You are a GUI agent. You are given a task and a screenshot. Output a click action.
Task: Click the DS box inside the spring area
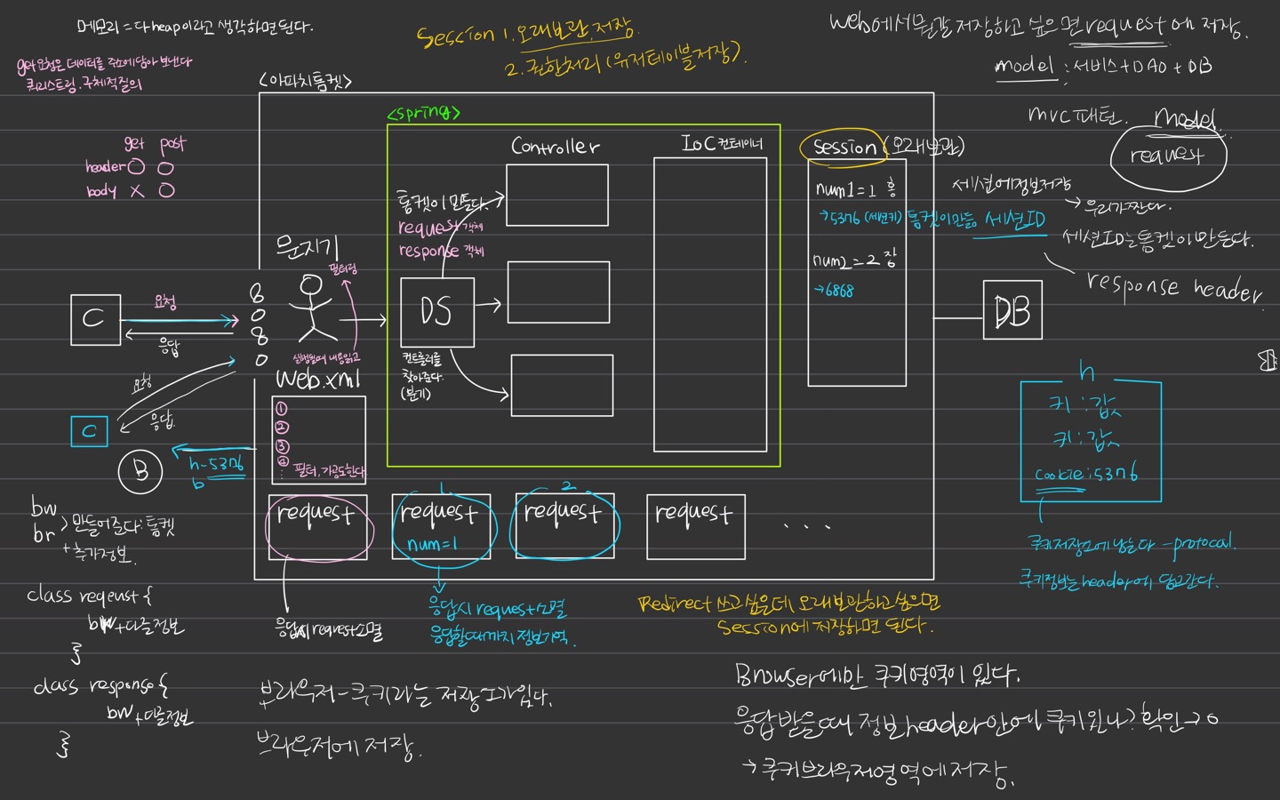point(436,312)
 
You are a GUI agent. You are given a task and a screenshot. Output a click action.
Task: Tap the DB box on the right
point(1012,310)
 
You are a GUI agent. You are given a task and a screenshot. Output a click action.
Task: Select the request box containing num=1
point(441,526)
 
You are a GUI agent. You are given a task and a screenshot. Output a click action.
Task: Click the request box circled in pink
point(317,526)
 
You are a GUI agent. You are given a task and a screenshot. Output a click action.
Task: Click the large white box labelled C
point(95,319)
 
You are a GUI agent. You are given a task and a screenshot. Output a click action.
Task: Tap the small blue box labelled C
point(89,431)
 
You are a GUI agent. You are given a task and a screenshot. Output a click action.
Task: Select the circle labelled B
point(140,470)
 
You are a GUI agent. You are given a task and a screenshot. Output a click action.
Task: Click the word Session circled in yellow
point(844,147)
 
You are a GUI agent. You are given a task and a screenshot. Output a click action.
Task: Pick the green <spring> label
point(424,113)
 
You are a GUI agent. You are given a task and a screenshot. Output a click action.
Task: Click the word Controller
point(555,146)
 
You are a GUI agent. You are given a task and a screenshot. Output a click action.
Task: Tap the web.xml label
point(318,380)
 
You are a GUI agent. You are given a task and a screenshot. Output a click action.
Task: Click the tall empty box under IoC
point(709,304)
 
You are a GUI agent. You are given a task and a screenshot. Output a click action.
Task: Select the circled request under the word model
point(1167,156)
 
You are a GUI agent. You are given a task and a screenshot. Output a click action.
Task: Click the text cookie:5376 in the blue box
point(1086,474)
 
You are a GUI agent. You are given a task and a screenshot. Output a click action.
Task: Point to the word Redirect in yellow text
point(675,604)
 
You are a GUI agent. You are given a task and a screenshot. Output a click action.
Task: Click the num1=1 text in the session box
point(845,189)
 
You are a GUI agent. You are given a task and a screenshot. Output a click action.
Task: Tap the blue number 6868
point(836,291)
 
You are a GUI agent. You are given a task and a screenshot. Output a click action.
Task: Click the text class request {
point(89,595)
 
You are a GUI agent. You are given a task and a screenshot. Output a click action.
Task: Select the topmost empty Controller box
point(556,195)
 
